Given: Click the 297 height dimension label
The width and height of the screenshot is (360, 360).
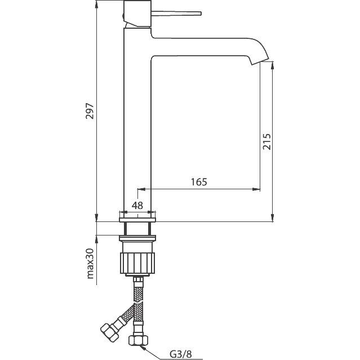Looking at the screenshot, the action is pyautogui.click(x=90, y=111).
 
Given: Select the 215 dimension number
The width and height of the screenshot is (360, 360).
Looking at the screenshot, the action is pyautogui.click(x=266, y=141).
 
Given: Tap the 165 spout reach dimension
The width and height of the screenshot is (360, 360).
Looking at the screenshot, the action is pyautogui.click(x=199, y=182).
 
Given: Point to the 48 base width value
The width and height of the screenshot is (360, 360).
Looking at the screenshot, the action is pyautogui.click(x=137, y=205).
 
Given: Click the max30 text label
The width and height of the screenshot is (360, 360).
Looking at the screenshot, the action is pyautogui.click(x=90, y=263).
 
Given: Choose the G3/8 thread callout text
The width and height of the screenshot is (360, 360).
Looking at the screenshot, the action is pyautogui.click(x=180, y=354).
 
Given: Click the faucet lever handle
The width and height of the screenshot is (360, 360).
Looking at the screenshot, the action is pyautogui.click(x=176, y=14).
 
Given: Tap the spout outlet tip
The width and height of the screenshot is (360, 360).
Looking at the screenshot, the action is pyautogui.click(x=260, y=61).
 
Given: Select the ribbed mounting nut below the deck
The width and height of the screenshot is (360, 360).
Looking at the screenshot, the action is pyautogui.click(x=137, y=263).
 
